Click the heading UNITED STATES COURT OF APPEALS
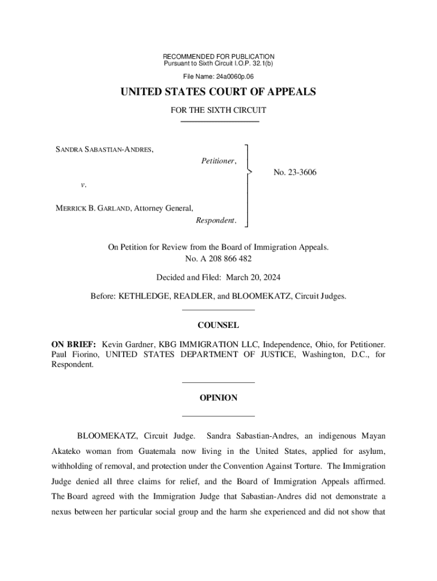click(218, 92)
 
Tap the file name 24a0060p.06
click(234, 76)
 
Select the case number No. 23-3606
click(295, 172)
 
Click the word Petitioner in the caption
click(218, 161)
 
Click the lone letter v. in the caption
click(83, 185)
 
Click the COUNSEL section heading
click(218, 326)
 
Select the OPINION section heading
click(218, 398)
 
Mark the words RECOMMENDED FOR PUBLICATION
click(218, 57)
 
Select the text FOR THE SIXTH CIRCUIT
click(218, 110)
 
